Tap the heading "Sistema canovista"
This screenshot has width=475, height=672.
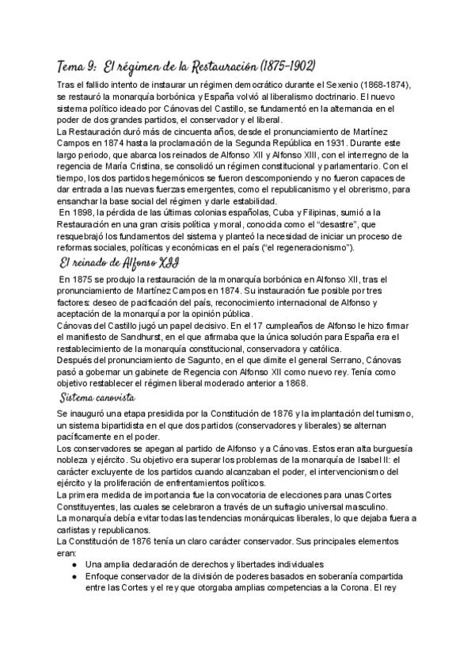coord(98,395)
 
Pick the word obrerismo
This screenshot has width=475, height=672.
coord(360,189)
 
